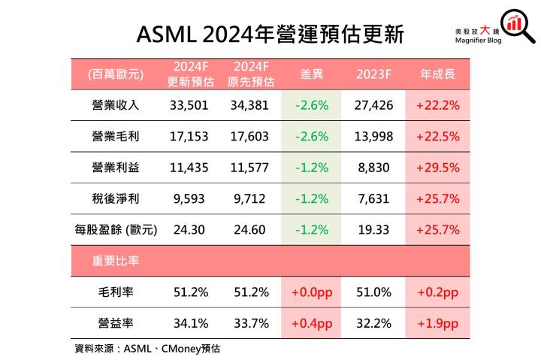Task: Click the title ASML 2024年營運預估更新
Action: click(x=270, y=33)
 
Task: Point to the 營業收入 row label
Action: click(x=114, y=105)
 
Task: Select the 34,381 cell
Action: click(x=250, y=105)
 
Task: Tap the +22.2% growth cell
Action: click(x=437, y=105)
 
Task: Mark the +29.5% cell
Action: click(x=437, y=168)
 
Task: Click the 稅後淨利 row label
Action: click(x=114, y=198)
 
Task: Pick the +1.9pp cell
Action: click(x=437, y=323)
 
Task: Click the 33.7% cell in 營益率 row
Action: click(x=250, y=323)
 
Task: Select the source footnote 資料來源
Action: click(x=147, y=349)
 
